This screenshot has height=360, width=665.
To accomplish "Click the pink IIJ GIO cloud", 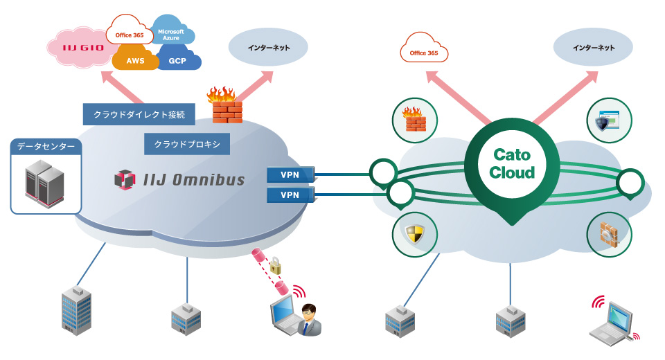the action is point(80,48).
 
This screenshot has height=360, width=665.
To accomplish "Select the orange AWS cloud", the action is point(135,59).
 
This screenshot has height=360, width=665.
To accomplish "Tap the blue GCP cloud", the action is point(178,59).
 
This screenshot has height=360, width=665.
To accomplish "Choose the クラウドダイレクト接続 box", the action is point(139,114).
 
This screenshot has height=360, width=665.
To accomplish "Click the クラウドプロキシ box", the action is point(187,144).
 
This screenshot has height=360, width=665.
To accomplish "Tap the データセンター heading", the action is point(46,147).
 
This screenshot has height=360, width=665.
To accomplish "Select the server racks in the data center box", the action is point(44,183).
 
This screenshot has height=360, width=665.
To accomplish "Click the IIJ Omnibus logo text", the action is point(194,180).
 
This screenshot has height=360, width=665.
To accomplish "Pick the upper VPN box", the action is point(290,174).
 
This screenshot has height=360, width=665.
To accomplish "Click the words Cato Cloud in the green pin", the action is point(512,163).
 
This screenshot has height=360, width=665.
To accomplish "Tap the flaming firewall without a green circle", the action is point(225,105).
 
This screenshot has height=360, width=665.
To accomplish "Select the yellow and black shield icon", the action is point(414,233).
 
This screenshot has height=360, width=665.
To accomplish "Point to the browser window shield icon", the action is point(608,121).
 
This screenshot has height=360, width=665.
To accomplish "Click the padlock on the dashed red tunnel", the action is point(275,265).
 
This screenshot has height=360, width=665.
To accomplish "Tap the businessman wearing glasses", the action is point(309,320).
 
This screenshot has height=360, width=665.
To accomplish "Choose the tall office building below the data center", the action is point(76,311).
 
